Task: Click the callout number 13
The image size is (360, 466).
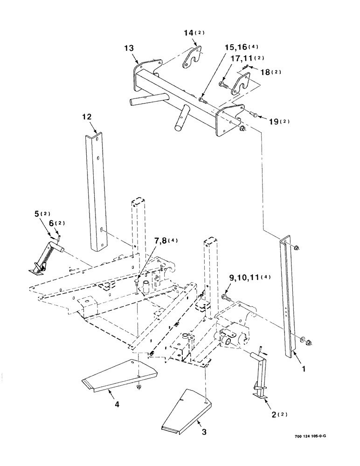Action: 128,48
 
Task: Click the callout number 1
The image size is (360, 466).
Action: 304,368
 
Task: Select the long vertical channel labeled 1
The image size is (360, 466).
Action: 287,298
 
